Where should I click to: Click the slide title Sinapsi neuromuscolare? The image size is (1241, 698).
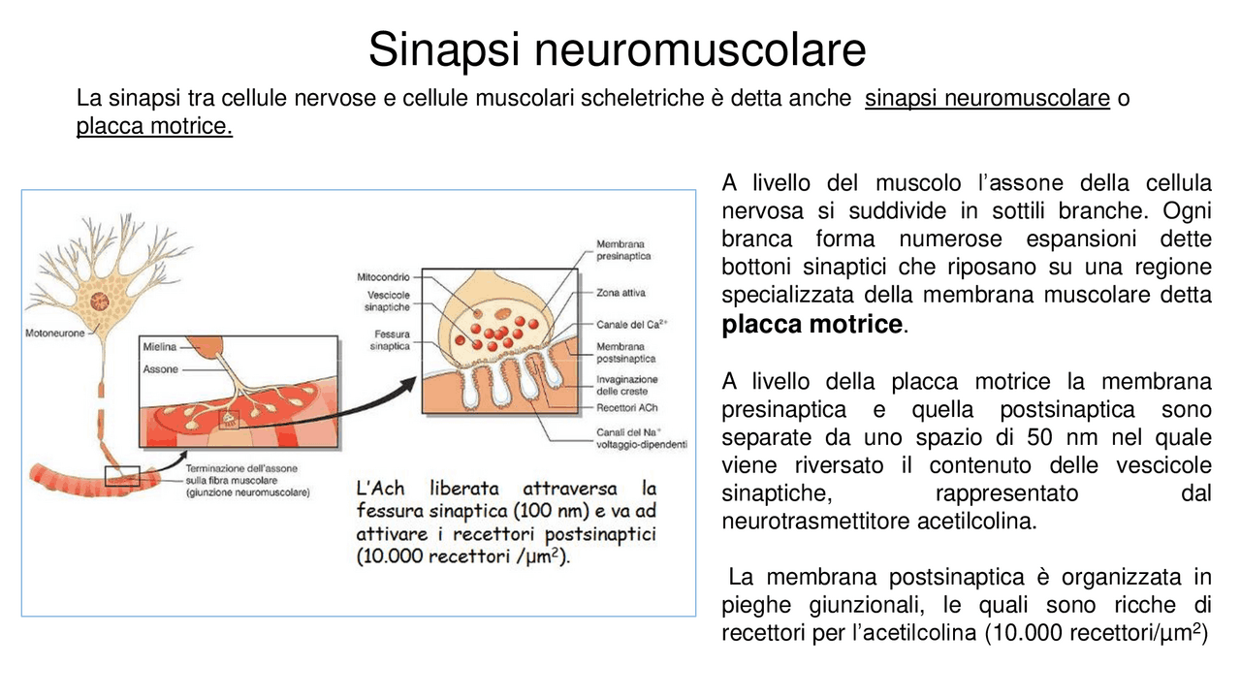click(x=617, y=49)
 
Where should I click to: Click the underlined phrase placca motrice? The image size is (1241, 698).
click(x=154, y=127)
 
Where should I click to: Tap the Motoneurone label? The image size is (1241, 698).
click(x=54, y=333)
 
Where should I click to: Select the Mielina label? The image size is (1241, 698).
click(x=159, y=346)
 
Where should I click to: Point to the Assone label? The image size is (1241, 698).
click(x=160, y=369)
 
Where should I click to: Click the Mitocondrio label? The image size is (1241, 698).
click(x=383, y=277)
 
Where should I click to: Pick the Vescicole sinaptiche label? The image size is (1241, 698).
click(x=387, y=301)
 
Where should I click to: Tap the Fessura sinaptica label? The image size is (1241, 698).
click(x=391, y=339)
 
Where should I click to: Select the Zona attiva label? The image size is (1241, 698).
click(x=620, y=292)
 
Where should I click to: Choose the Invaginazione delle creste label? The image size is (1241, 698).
click(x=626, y=385)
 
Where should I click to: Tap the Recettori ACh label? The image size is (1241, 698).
click(x=626, y=408)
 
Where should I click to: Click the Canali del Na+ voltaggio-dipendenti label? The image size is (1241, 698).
click(x=641, y=438)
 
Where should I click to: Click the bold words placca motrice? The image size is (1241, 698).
click(x=811, y=325)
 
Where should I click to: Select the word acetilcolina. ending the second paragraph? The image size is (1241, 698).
click(x=976, y=522)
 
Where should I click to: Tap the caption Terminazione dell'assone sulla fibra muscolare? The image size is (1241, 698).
click(x=246, y=480)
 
